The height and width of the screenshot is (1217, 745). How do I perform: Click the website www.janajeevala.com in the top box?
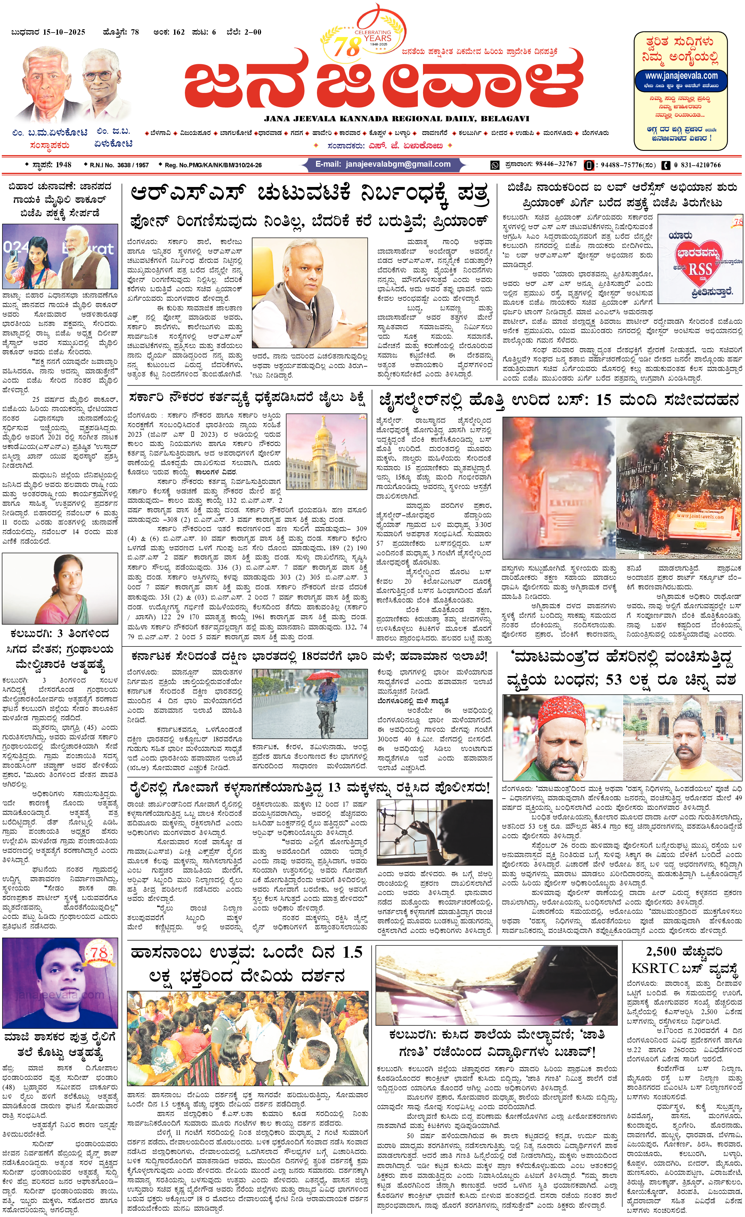[x=681, y=76]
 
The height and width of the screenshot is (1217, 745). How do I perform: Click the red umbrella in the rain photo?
[x=326, y=675]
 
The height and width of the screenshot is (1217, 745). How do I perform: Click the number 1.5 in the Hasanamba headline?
[x=352, y=952]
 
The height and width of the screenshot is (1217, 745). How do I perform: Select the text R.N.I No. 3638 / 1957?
[x=119, y=165]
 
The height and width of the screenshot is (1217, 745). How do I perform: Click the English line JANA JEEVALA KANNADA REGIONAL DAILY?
[x=396, y=119]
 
